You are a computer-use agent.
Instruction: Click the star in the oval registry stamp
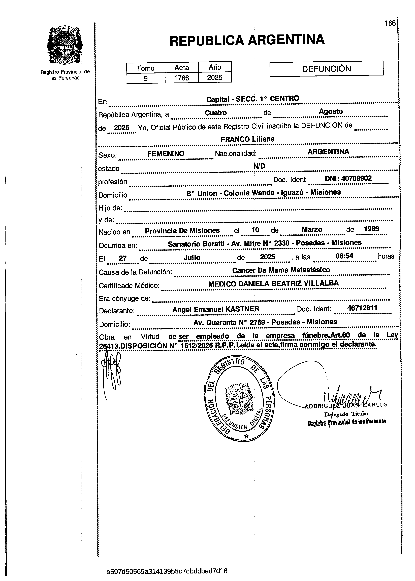tap(246, 436)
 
